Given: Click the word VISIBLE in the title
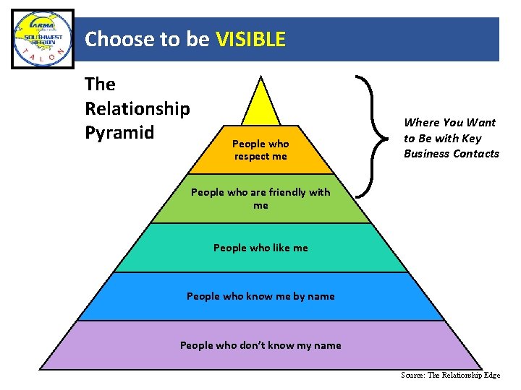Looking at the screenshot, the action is [x=250, y=39].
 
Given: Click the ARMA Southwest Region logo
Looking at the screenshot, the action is [x=43, y=39].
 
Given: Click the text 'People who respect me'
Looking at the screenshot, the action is [x=260, y=150].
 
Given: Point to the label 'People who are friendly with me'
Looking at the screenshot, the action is [x=260, y=199].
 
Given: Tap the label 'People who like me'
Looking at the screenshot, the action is [x=260, y=248].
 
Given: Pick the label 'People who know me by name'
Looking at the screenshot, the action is [x=260, y=296].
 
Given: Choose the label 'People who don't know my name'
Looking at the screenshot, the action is [x=260, y=345].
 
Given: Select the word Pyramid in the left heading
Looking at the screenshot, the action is [x=119, y=133].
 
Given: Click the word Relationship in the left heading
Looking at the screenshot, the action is [x=137, y=108].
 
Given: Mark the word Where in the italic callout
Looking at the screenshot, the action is [x=420, y=123].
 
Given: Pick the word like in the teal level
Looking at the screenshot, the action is [x=277, y=248].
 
